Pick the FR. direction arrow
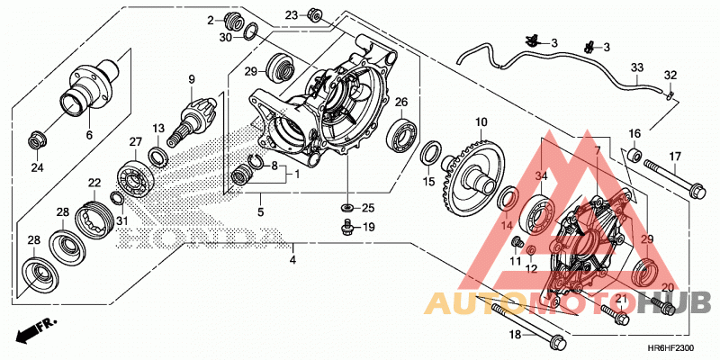click(35, 329)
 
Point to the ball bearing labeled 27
click(135, 177)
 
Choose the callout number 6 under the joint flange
click(89, 135)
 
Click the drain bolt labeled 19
click(347, 227)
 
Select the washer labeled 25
click(347, 208)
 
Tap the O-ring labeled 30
click(250, 32)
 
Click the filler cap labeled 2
click(234, 21)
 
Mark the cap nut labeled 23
click(313, 14)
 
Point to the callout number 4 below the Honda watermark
click(293, 259)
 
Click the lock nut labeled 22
click(94, 218)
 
